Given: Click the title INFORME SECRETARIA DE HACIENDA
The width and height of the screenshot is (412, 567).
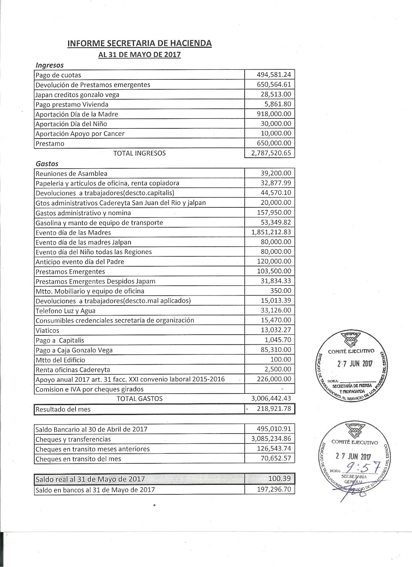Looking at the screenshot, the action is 140,44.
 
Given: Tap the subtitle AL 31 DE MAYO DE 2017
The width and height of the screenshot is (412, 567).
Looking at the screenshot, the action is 140,55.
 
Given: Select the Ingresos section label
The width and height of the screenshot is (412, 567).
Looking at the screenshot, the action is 50,65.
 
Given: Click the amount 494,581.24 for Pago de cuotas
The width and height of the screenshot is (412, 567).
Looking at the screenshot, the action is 274,75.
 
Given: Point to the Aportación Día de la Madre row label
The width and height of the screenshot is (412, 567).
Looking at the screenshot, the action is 77,114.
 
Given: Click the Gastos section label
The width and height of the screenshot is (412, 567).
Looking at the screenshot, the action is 47,164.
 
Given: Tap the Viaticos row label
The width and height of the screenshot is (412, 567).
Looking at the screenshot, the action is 48,330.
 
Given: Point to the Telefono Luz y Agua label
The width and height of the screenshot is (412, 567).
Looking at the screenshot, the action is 66,311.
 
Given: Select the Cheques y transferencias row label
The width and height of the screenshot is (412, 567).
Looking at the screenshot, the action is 73,439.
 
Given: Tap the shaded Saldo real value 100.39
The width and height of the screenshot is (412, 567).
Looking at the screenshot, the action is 280,479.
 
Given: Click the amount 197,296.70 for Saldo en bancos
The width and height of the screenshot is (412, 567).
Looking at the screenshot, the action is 274,489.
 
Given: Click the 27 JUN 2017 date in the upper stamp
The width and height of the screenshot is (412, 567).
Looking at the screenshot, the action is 354,364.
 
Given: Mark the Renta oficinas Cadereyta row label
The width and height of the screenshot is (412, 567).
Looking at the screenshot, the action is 73,369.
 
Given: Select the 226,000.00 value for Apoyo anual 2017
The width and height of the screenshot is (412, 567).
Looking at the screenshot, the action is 274,379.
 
